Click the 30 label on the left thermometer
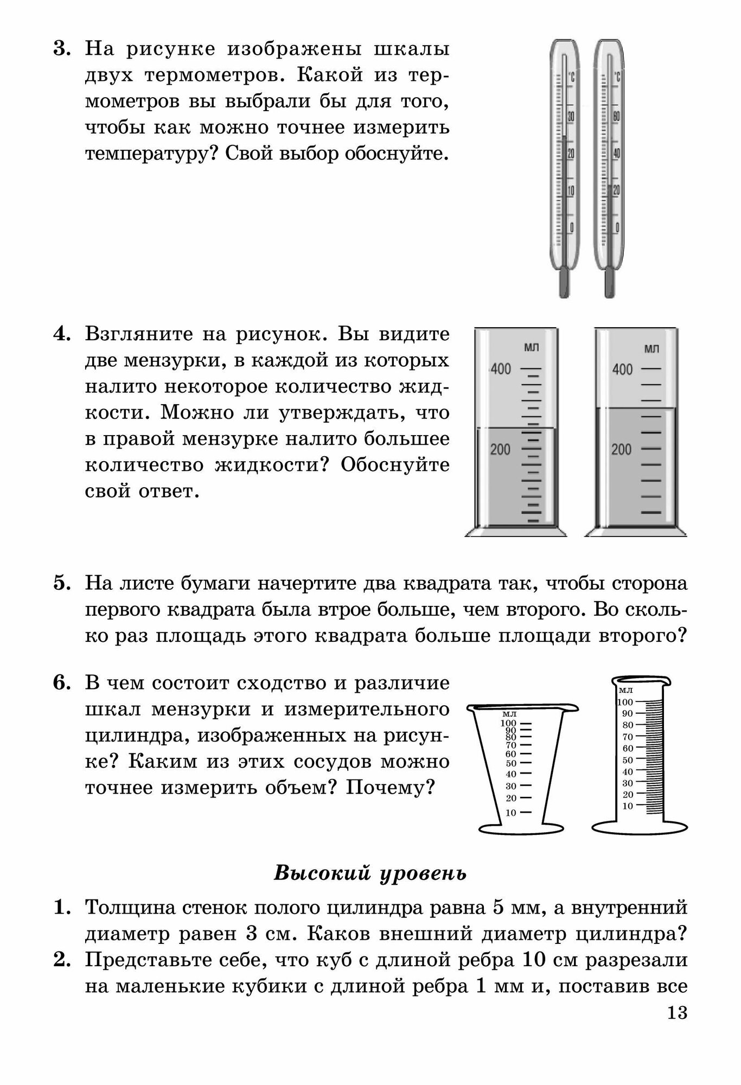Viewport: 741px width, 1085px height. (570, 117)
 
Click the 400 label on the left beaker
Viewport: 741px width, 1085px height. (501, 369)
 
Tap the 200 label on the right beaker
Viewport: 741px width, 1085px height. (622, 449)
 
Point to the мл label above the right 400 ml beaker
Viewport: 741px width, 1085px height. (652, 349)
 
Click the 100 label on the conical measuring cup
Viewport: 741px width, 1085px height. (508, 723)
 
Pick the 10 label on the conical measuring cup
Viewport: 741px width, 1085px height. (510, 813)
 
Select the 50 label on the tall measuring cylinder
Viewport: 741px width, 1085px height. (628, 760)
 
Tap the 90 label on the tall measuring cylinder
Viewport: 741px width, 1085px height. (628, 713)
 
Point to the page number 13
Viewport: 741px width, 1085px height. (678, 1012)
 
